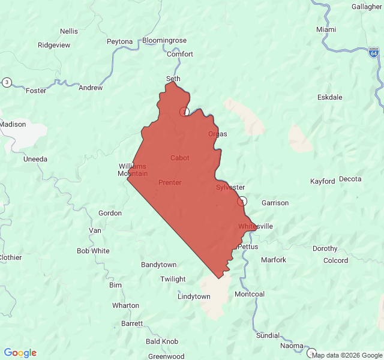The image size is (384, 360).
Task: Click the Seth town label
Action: click(173, 79)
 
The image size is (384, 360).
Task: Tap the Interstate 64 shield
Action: click(374, 53)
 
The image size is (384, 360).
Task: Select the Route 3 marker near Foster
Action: click(7, 82)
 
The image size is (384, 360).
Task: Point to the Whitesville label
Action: click(256, 226)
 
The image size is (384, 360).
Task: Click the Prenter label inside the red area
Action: click(170, 182)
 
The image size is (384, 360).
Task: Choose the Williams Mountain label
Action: click(132, 170)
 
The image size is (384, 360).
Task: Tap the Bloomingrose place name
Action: click(164, 41)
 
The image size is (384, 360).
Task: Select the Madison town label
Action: click(13, 124)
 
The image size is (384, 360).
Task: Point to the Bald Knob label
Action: click(162, 341)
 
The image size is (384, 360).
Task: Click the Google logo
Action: click(20, 353)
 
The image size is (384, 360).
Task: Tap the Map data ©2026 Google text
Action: click(346, 355)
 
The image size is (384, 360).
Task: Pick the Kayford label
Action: click(322, 181)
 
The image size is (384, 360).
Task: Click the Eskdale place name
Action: click(329, 97)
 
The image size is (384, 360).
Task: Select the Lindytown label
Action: click(194, 296)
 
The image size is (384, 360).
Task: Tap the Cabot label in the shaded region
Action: click(179, 158)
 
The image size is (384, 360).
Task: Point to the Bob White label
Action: click(93, 251)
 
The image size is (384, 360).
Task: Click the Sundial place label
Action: click(268, 335)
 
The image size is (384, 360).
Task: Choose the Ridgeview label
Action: click(54, 45)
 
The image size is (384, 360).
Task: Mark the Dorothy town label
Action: click(325, 248)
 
